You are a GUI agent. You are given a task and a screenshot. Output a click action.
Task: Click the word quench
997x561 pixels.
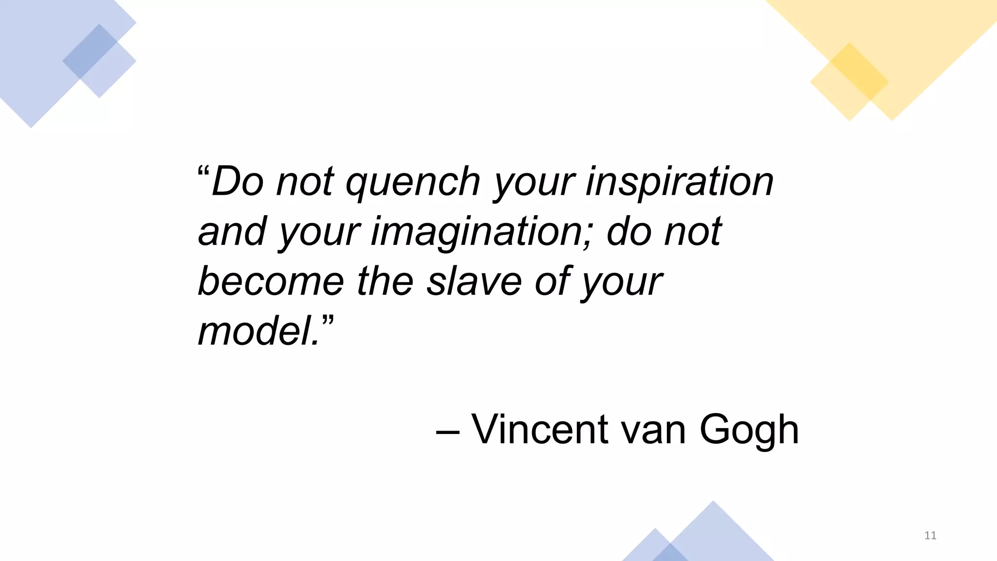[x=413, y=183]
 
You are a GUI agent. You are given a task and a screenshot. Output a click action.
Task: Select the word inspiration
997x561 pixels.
[x=680, y=183]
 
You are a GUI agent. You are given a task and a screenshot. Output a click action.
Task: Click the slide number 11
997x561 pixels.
[x=930, y=536]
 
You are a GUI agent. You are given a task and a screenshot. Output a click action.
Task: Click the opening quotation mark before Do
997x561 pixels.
[x=203, y=171]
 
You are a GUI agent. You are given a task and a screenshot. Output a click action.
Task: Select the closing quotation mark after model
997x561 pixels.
[x=328, y=321]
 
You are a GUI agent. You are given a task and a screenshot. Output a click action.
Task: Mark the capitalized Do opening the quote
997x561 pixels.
[x=238, y=182]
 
